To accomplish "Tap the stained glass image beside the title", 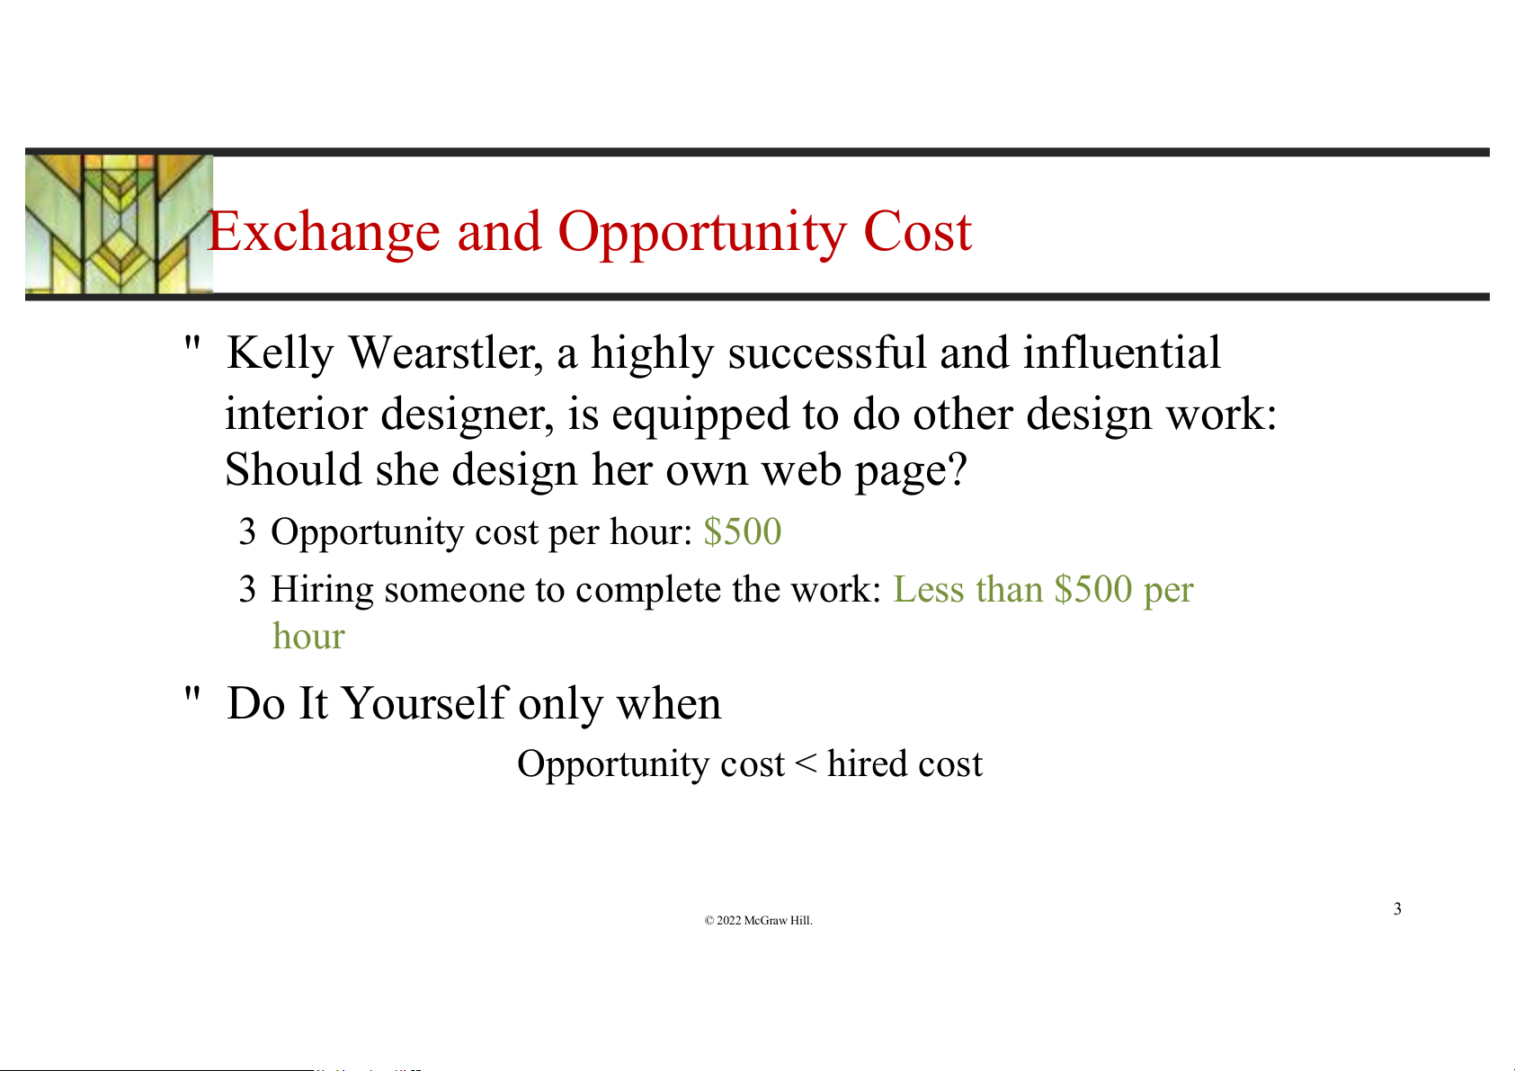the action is (119, 224).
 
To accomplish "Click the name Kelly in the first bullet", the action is (280, 353).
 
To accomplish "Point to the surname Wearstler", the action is (446, 353).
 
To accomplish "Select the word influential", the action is (1121, 353).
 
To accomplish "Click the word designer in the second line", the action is (468, 414).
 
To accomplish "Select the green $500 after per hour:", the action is (743, 531).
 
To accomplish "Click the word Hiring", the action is (322, 590).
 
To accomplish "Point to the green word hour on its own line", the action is (309, 636).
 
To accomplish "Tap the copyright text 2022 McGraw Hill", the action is (758, 920).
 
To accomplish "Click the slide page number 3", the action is (1397, 908).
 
